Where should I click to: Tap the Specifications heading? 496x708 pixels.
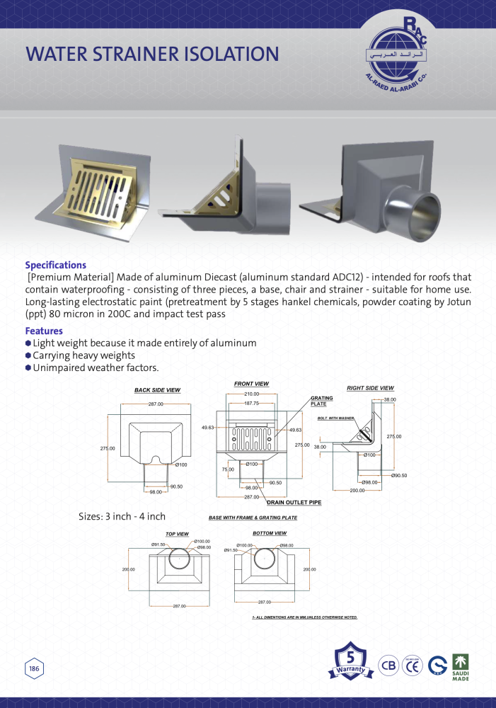56,265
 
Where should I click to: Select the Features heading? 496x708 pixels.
44,331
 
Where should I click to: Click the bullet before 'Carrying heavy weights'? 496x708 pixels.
28,355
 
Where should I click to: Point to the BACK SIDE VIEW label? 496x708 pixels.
157,390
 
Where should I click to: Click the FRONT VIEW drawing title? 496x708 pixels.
251,384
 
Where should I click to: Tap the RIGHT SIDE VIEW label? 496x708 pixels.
370,388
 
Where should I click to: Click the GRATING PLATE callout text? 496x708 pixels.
322,401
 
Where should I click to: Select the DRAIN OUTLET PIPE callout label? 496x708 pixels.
294,502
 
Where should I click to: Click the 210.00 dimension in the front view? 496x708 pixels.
252,394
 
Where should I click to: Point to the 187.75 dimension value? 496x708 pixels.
252,403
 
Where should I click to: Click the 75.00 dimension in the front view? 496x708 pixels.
228,469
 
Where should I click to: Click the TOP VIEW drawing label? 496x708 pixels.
177,534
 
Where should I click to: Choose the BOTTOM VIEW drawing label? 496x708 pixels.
270,532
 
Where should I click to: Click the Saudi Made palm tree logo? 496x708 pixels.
460,666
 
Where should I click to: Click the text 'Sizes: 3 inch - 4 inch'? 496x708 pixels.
122,517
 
